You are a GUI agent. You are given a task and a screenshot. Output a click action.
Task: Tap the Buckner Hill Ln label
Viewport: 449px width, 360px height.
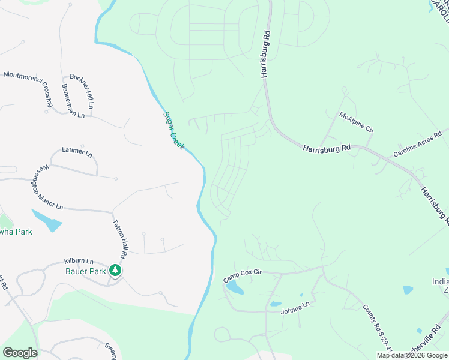point(82,90)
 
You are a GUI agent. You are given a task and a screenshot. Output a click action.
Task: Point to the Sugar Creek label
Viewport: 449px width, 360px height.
point(174,130)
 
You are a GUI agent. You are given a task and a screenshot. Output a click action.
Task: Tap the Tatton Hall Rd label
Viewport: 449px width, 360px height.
point(121,238)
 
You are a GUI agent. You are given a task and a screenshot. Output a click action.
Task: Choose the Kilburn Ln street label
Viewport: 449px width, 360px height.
point(79,262)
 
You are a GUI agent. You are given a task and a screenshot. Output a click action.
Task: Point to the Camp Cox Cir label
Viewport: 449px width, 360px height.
point(243,276)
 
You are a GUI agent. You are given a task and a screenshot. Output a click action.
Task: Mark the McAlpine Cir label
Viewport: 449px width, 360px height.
point(356,121)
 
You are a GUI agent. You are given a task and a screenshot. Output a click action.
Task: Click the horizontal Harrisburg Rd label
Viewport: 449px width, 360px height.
point(327,148)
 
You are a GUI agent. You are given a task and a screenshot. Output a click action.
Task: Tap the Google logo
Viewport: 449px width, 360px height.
point(20,353)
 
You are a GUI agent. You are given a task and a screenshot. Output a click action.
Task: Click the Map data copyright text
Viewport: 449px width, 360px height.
point(412,355)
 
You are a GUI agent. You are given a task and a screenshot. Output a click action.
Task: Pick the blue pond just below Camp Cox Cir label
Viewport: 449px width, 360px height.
point(234,289)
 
